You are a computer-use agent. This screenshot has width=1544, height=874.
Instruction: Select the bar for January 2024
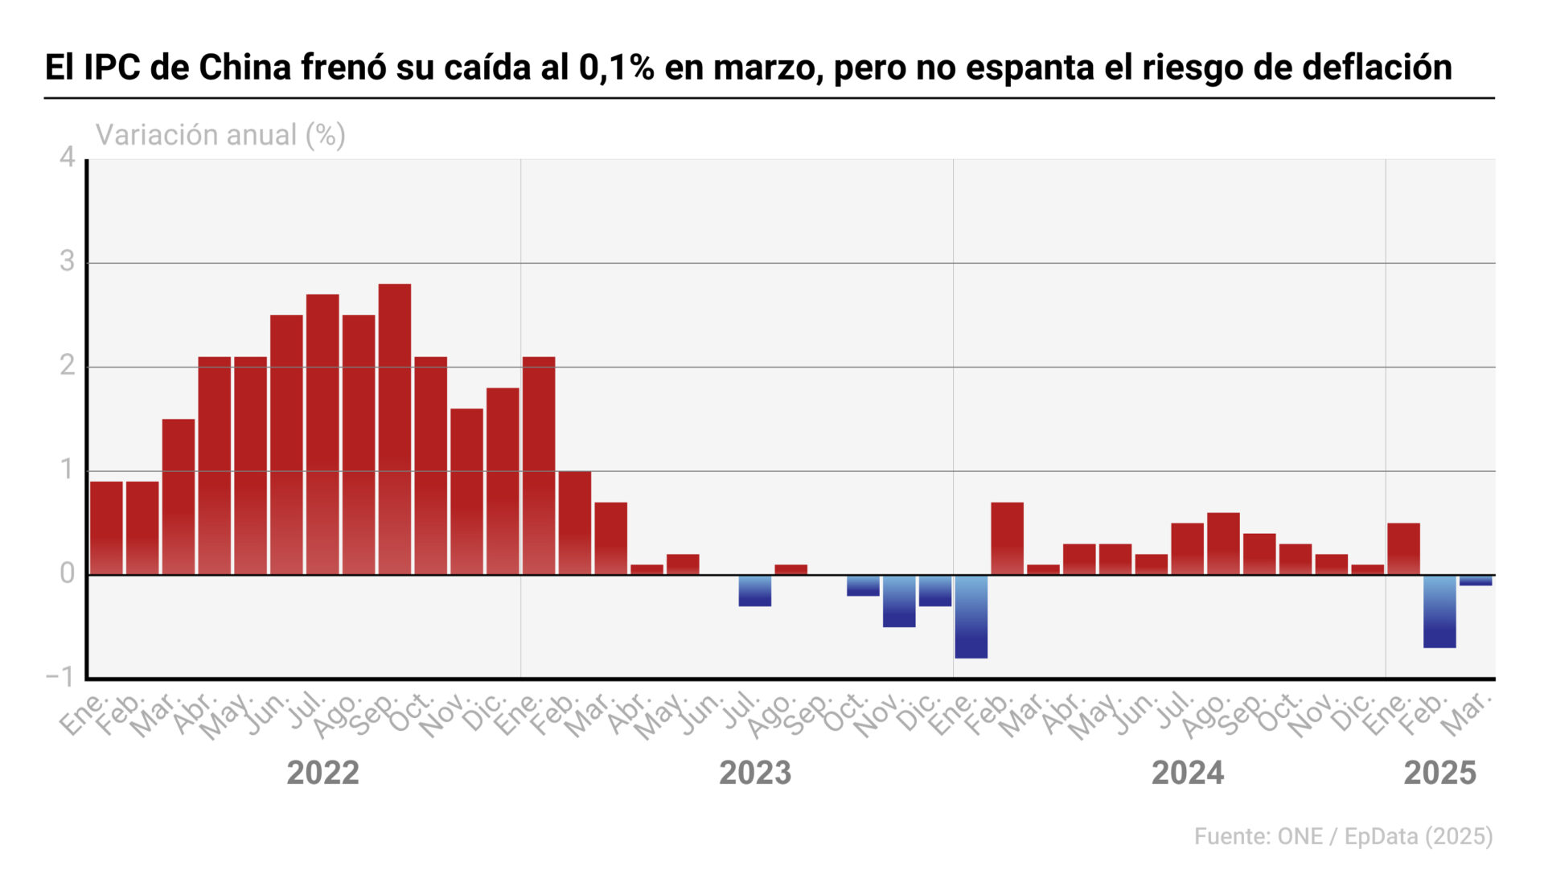click(x=971, y=617)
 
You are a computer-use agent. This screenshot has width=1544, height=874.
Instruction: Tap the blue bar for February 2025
click(x=1439, y=611)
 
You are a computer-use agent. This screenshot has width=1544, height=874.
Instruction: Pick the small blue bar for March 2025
click(x=1476, y=581)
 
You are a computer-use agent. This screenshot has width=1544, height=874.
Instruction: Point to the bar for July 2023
click(x=755, y=591)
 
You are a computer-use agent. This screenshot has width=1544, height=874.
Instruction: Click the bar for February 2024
click(x=1007, y=539)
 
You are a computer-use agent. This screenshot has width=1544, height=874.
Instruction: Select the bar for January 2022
click(x=106, y=527)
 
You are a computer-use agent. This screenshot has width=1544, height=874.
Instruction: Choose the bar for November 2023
click(x=899, y=601)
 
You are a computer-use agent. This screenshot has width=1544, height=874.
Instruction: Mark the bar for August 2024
click(x=1223, y=544)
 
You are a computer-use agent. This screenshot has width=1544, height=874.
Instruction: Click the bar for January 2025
click(x=1403, y=548)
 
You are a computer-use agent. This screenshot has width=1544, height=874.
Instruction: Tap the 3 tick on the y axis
click(x=68, y=262)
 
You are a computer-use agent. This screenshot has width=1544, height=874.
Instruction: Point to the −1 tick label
click(x=60, y=677)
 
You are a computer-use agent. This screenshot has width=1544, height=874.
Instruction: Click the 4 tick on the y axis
click(x=68, y=158)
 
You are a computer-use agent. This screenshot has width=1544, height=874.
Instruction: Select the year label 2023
click(x=755, y=773)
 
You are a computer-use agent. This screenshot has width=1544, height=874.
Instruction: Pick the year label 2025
click(x=1439, y=773)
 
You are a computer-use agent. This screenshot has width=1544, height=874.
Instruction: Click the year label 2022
click(x=322, y=773)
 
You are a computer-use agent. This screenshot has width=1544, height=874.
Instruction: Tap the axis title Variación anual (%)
click(x=220, y=135)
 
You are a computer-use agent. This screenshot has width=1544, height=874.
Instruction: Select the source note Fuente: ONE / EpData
click(x=1343, y=837)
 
